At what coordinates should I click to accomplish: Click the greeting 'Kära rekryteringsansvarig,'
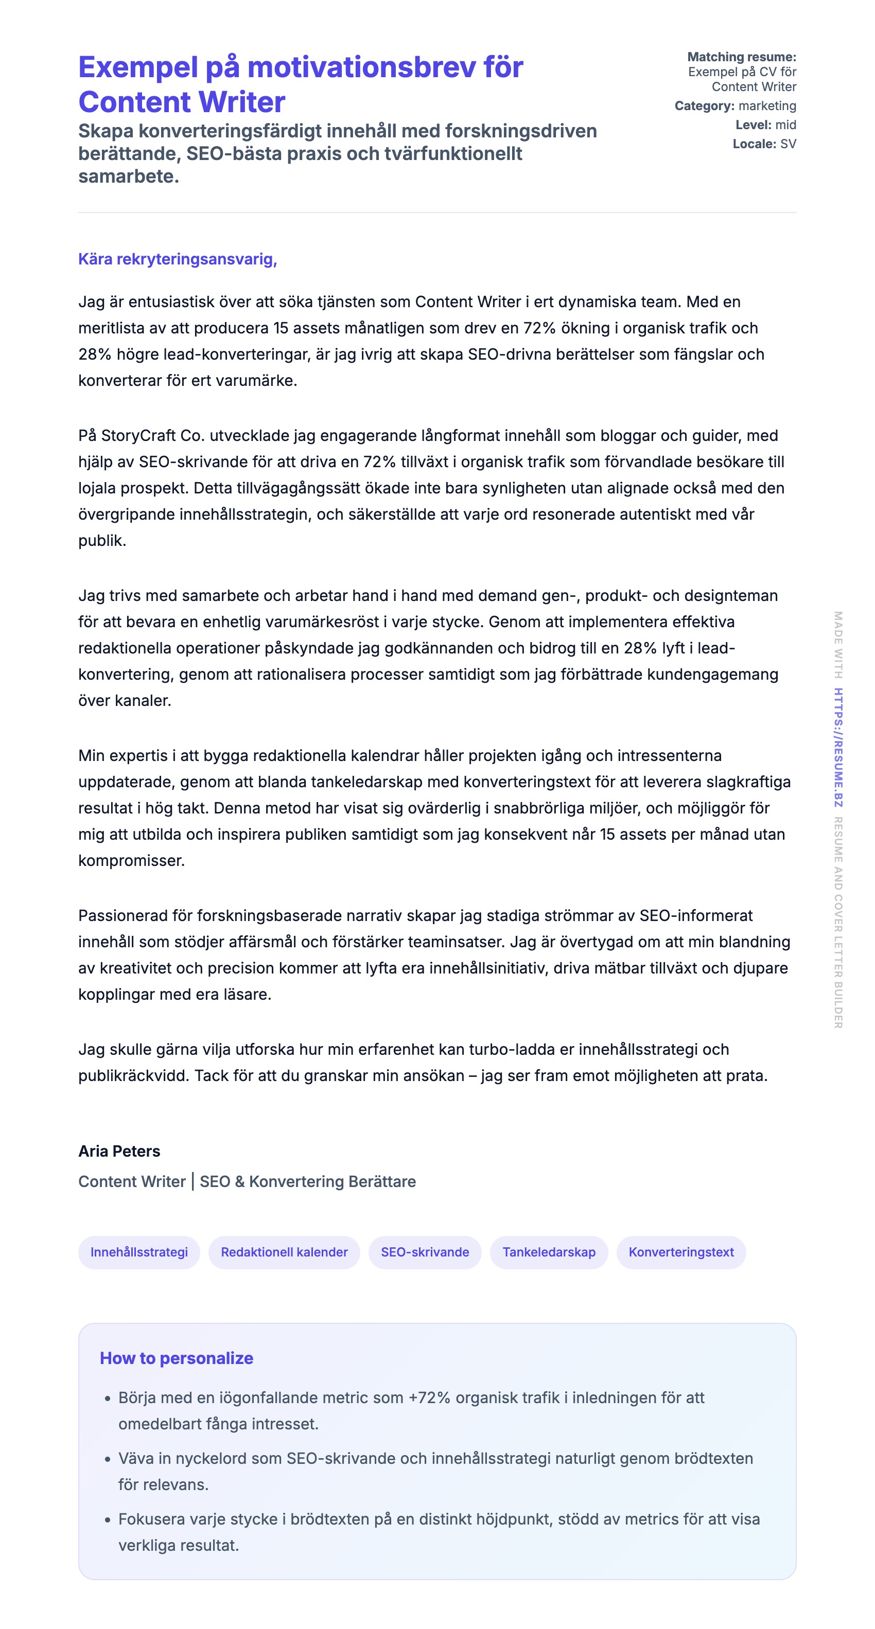point(177,259)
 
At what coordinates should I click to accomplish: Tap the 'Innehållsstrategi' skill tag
point(138,1252)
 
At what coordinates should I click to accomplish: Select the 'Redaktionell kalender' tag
point(284,1252)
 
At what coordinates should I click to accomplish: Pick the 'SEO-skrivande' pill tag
point(425,1252)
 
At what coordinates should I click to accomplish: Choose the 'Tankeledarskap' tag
point(549,1252)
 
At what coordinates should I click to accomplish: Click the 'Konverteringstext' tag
point(681,1252)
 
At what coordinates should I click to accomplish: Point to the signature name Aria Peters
point(119,1151)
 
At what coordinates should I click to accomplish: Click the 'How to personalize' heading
point(176,1358)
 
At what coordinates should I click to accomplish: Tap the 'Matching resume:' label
point(742,57)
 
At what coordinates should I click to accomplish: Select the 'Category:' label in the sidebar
point(704,105)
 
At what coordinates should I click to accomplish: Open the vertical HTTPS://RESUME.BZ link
point(838,748)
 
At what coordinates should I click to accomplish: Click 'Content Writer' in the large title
point(182,102)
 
